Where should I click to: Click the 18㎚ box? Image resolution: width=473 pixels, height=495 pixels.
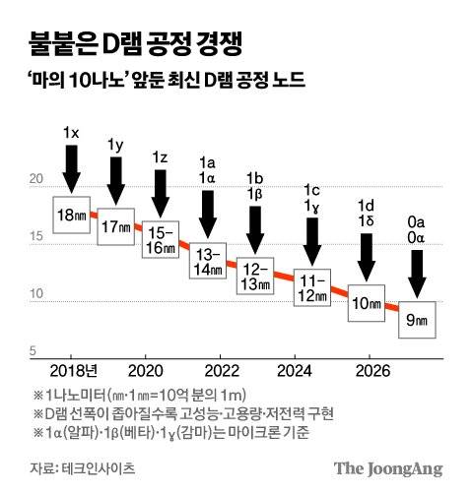coord(71,214)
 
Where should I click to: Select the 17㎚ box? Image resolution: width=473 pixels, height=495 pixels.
coord(116,226)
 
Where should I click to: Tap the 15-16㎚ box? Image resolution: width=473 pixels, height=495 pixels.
coord(161,240)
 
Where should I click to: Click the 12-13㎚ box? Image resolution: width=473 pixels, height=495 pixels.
coord(255,276)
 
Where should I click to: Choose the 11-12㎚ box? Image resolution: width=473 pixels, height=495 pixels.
coord(314,288)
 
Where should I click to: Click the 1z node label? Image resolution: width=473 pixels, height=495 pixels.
coord(161,157)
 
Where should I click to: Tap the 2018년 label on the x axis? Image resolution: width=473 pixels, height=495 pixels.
coord(75,370)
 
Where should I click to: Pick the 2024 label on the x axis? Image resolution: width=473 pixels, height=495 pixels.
coord(293,370)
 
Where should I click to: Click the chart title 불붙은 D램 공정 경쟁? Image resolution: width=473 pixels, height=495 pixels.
coord(128,45)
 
